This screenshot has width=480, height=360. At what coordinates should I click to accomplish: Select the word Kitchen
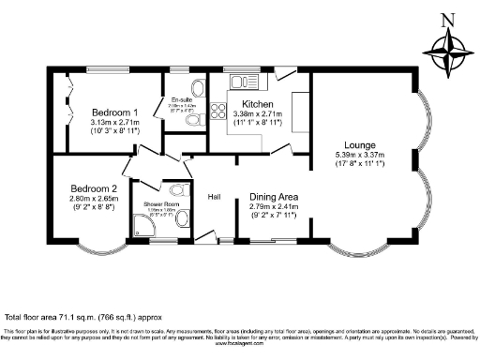tap(257, 103)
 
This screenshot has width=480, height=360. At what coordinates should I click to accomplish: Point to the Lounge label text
tap(359, 144)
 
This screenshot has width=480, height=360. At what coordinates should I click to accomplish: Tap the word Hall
tap(214, 196)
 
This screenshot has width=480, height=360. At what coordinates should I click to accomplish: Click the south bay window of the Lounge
tap(358, 249)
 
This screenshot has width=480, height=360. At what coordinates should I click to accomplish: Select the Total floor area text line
tap(90, 318)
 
